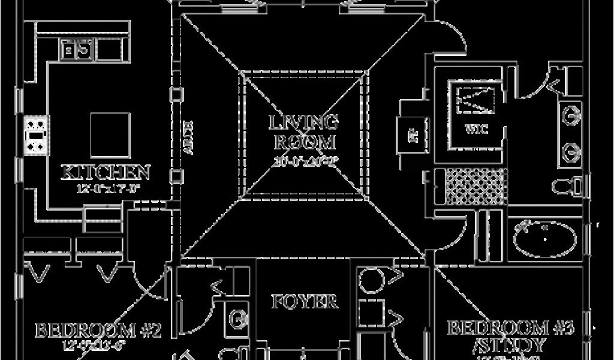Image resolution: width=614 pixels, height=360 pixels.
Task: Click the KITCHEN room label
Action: [x=106, y=172]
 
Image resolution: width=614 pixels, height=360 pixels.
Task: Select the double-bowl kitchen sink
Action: [x=77, y=50]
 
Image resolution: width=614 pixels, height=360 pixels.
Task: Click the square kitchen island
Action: [x=110, y=134]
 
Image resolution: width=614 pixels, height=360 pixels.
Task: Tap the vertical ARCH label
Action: [x=187, y=138]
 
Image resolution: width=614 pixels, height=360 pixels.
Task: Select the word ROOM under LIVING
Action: [x=304, y=143]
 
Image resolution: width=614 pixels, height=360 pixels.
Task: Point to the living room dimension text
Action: [x=304, y=160]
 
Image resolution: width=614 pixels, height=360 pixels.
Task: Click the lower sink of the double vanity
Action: [x=572, y=152]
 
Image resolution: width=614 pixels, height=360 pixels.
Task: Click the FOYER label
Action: [x=304, y=301]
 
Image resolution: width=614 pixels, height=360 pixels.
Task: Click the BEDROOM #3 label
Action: [x=511, y=328]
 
